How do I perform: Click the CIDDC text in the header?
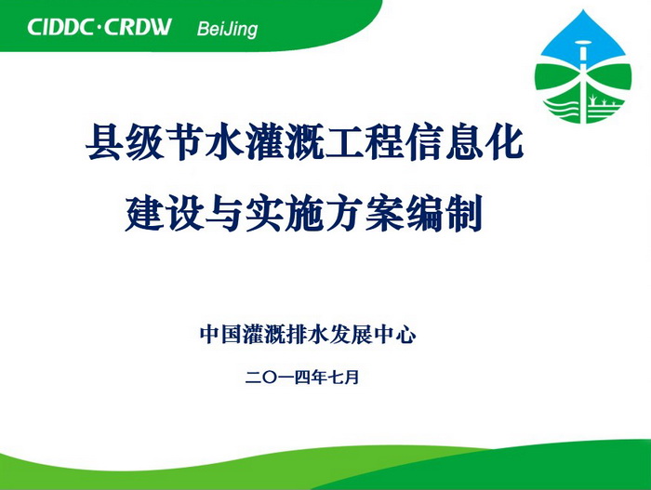(x=60, y=27)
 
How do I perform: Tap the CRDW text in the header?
(x=138, y=27)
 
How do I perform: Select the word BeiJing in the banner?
(x=227, y=29)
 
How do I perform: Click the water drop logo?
(x=583, y=66)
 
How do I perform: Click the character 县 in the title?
(x=104, y=142)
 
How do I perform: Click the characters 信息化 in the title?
(x=465, y=142)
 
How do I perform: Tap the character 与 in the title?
(x=225, y=213)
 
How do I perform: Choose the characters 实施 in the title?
(x=285, y=213)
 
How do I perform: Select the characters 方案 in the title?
(x=365, y=213)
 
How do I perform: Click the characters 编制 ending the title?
(x=445, y=213)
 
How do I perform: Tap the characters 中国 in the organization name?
(x=220, y=335)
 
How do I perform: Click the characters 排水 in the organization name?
(x=307, y=335)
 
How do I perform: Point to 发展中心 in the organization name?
(x=373, y=335)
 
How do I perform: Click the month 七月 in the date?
(x=343, y=377)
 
